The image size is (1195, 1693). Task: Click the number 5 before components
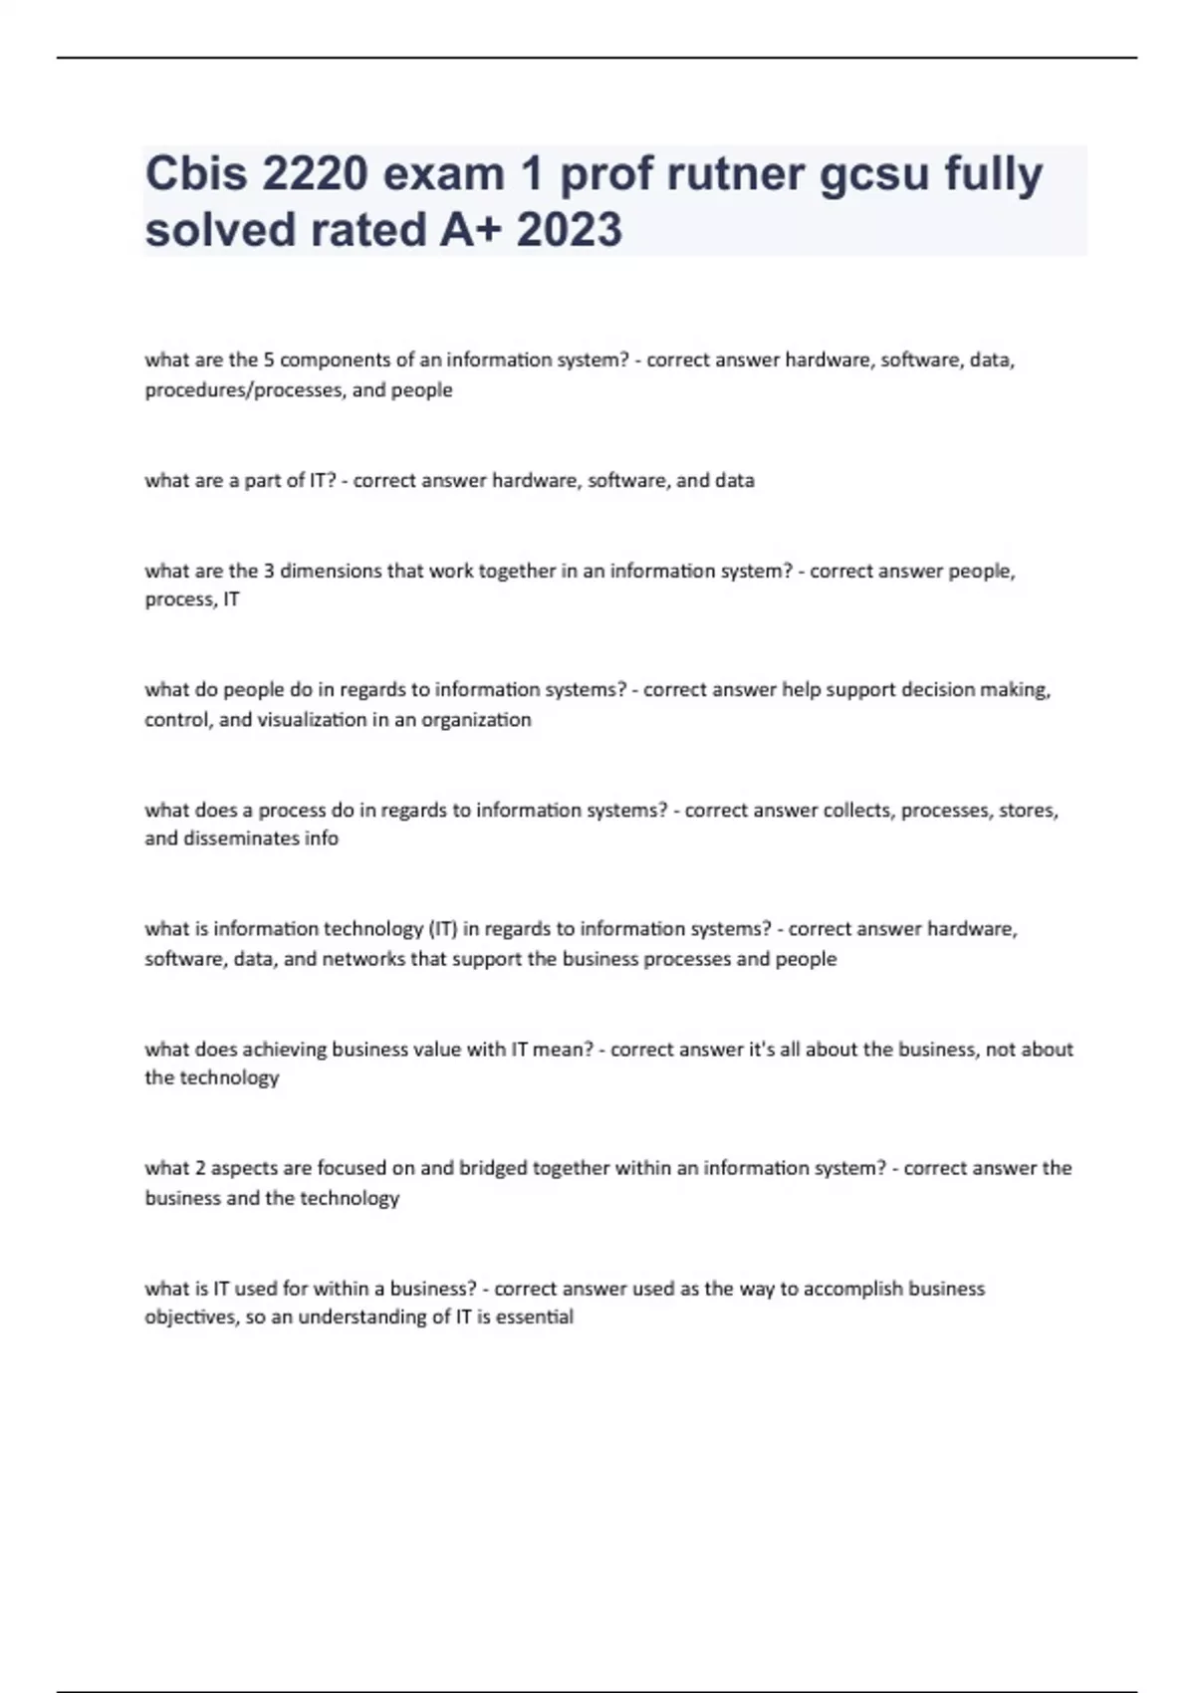coord(269,360)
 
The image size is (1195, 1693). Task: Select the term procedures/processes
coord(244,390)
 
